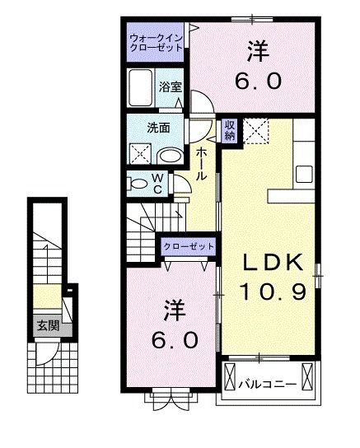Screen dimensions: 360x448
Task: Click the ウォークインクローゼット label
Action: (x=156, y=43)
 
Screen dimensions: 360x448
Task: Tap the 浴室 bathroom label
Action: (x=171, y=86)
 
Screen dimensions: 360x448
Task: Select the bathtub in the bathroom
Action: (x=140, y=88)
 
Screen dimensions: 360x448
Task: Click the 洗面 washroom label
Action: (x=158, y=128)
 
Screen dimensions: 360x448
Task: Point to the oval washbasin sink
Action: (x=171, y=156)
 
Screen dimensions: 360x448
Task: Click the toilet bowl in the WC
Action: (x=138, y=184)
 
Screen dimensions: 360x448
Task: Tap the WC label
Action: (x=157, y=184)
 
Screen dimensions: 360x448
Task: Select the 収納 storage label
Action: (x=230, y=130)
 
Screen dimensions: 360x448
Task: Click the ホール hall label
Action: (x=201, y=164)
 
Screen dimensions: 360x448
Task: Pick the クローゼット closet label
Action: (x=189, y=246)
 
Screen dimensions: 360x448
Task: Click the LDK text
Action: (x=273, y=263)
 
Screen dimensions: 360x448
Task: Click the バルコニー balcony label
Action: (x=268, y=385)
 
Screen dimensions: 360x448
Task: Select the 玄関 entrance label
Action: (x=49, y=325)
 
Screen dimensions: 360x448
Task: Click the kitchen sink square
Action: (x=304, y=174)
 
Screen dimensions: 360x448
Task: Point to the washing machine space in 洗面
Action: (x=141, y=153)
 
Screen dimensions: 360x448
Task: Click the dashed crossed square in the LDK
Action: (x=256, y=130)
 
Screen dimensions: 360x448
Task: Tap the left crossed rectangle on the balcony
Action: (x=230, y=376)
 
